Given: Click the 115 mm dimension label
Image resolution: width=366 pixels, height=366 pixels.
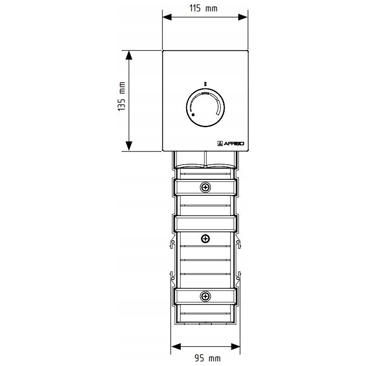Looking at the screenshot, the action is (203, 8).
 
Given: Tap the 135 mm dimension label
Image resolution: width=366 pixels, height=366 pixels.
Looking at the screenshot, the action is (122, 96).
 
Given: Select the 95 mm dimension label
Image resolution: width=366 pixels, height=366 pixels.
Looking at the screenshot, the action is (208, 358).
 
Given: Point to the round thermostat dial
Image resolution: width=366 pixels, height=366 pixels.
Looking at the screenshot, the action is (205, 108).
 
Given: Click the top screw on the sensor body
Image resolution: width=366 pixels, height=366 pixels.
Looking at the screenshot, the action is (205, 187).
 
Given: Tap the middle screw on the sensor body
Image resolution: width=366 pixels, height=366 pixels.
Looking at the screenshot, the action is (205, 238).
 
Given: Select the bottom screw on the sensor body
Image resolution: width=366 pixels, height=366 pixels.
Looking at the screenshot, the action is (205, 296).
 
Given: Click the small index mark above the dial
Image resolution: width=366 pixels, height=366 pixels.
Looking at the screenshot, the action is (205, 84).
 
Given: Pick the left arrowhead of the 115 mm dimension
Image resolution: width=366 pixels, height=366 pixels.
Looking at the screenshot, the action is (167, 17).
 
